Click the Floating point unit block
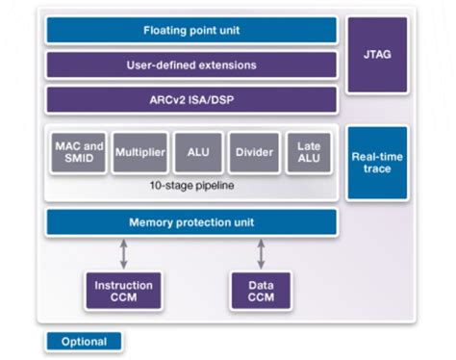pos(191,30)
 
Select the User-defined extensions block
pos(191,64)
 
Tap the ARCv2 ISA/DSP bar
pos(191,100)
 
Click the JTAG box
pos(377,56)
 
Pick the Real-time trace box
pos(377,163)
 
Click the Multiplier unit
pos(139,152)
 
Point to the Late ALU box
pos(311,152)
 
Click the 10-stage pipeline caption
pos(191,184)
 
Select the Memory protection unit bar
pos(191,222)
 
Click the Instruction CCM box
pos(116,291)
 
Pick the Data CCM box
pos(260,291)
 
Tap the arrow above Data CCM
pos(261,254)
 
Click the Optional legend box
pos(84,342)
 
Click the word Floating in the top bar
pos(166,30)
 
